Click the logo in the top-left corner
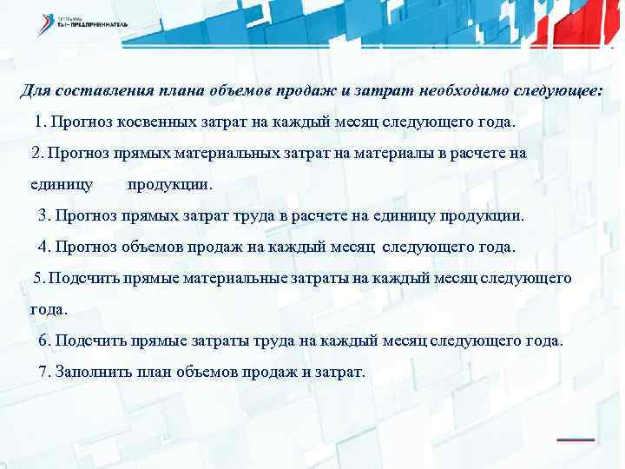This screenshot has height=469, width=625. pyautogui.click(x=82, y=23)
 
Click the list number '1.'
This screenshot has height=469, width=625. pyautogui.click(x=42, y=122)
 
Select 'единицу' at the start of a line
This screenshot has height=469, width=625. pyautogui.click(x=62, y=184)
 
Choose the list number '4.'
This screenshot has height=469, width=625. pyautogui.click(x=45, y=247)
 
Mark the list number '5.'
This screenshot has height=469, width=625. pyautogui.click(x=39, y=278)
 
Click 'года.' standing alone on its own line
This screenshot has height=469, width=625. pyautogui.click(x=49, y=308)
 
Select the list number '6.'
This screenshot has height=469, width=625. pyautogui.click(x=47, y=340)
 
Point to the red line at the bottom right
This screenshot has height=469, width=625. pyautogui.click(x=574, y=440)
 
